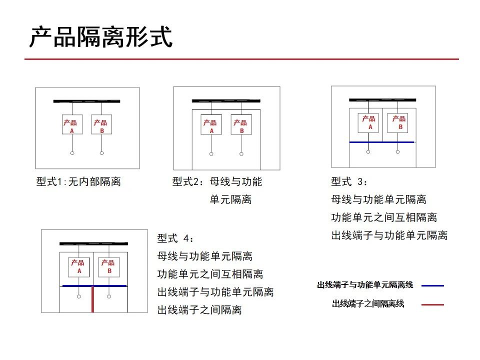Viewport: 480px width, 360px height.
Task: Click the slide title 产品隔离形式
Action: [x=101, y=37]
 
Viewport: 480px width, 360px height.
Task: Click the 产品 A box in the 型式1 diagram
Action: [x=72, y=124]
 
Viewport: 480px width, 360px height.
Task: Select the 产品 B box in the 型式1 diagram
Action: [x=101, y=124]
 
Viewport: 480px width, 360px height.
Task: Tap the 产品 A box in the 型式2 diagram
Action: [x=211, y=124]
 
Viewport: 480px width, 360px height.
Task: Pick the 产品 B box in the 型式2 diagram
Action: [x=241, y=124]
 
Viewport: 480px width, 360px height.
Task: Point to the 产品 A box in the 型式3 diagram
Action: [x=368, y=123]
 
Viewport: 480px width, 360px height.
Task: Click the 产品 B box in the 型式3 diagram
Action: [x=397, y=123]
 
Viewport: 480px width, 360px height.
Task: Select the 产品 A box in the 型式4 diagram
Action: [x=78, y=267]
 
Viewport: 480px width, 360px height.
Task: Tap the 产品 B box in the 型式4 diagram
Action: [x=109, y=267]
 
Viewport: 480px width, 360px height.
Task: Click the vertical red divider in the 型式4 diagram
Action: [x=92, y=299]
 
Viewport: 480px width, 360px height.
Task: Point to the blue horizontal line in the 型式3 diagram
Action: [x=381, y=142]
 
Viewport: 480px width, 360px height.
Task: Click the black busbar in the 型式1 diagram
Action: [x=86, y=101]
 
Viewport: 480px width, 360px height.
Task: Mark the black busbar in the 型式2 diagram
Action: [x=226, y=100]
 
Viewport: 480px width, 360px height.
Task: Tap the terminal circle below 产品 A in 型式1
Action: [x=72, y=153]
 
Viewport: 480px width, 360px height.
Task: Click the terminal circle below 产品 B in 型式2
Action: [x=241, y=153]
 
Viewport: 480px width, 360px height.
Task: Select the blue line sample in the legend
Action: [x=432, y=285]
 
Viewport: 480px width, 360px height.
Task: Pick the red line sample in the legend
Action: [x=432, y=304]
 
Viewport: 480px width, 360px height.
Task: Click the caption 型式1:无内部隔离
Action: [x=78, y=181]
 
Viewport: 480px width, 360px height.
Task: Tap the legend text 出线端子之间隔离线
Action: [x=368, y=303]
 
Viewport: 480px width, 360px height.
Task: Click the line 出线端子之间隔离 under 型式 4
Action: [x=199, y=310]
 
